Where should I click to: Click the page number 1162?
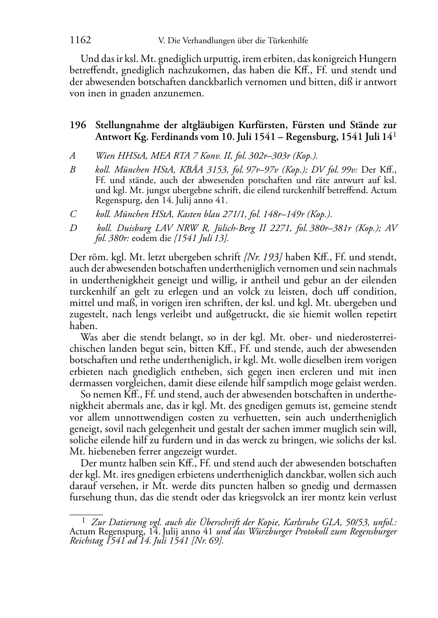click(x=80, y=41)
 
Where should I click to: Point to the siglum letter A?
click(x=72, y=155)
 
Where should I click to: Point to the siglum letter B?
click(x=72, y=170)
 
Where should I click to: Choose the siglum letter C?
click(x=73, y=214)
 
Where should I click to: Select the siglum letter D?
click(x=73, y=228)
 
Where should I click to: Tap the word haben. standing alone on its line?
click(x=82, y=325)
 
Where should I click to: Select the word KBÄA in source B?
click(x=180, y=170)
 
